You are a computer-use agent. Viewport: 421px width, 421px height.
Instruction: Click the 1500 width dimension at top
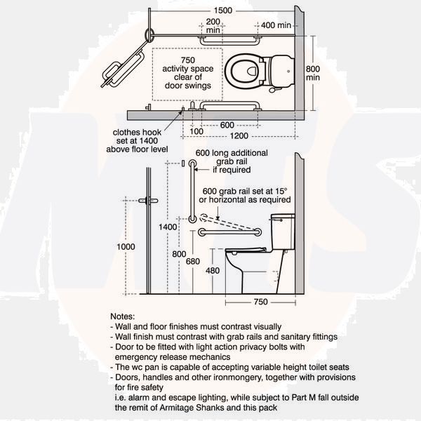(223, 11)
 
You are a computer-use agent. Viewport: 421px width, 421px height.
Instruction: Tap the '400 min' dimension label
(276, 25)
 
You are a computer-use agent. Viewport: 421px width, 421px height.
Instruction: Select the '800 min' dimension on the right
(313, 73)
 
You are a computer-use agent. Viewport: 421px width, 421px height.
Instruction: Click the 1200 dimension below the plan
(239, 136)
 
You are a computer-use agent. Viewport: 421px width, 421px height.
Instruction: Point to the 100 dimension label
(196, 132)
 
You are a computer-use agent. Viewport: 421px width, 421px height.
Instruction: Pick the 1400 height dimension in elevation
(168, 227)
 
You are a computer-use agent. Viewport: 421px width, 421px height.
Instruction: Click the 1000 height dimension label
(126, 247)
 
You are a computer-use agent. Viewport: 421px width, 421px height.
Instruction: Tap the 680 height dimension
(193, 261)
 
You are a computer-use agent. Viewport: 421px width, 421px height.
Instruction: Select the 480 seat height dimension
(213, 271)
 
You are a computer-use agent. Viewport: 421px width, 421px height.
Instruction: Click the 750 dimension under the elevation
(260, 302)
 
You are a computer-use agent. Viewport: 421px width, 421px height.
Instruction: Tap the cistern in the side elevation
(283, 232)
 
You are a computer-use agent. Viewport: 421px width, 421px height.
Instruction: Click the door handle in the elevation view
(148, 201)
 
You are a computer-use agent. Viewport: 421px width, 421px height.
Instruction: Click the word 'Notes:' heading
(122, 316)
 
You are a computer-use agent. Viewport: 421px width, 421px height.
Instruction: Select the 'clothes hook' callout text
(137, 133)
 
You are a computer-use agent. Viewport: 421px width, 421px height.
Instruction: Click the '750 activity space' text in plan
(187, 65)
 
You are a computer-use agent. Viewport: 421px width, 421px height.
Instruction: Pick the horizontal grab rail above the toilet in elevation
(230, 232)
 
